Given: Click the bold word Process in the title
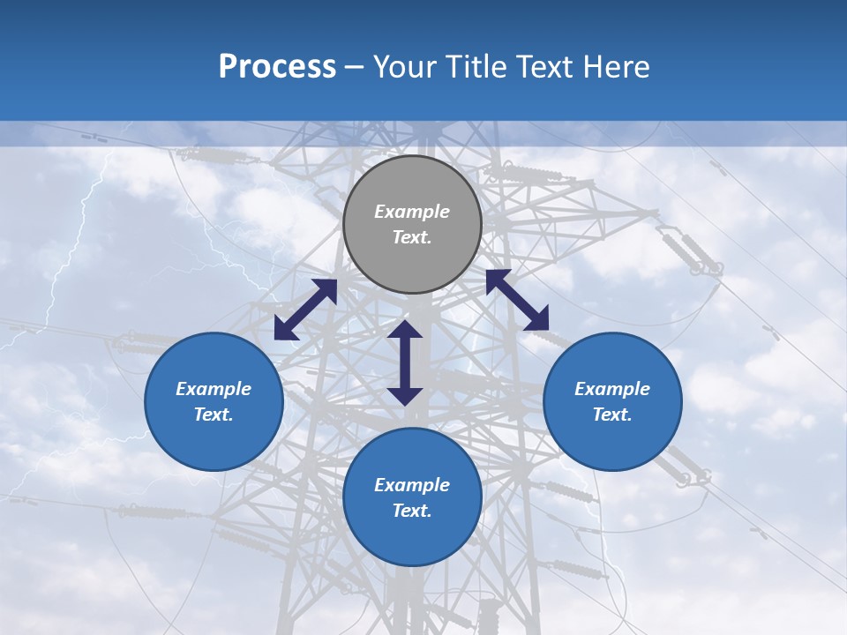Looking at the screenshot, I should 277,67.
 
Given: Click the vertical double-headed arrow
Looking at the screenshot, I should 405,362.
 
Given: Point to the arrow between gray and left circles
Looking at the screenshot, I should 306,309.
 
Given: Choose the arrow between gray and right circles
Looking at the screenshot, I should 517,300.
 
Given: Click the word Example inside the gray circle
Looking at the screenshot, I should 412,212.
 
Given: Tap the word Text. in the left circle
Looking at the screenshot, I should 214,415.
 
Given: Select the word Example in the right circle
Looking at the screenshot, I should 612,389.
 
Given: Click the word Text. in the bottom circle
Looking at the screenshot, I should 412,511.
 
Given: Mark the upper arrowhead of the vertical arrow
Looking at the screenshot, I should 405,330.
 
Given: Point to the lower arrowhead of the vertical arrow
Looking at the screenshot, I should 405,395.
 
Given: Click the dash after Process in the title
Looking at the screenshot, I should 355,68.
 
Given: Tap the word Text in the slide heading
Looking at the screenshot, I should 541,67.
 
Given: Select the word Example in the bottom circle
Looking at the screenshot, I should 412,485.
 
